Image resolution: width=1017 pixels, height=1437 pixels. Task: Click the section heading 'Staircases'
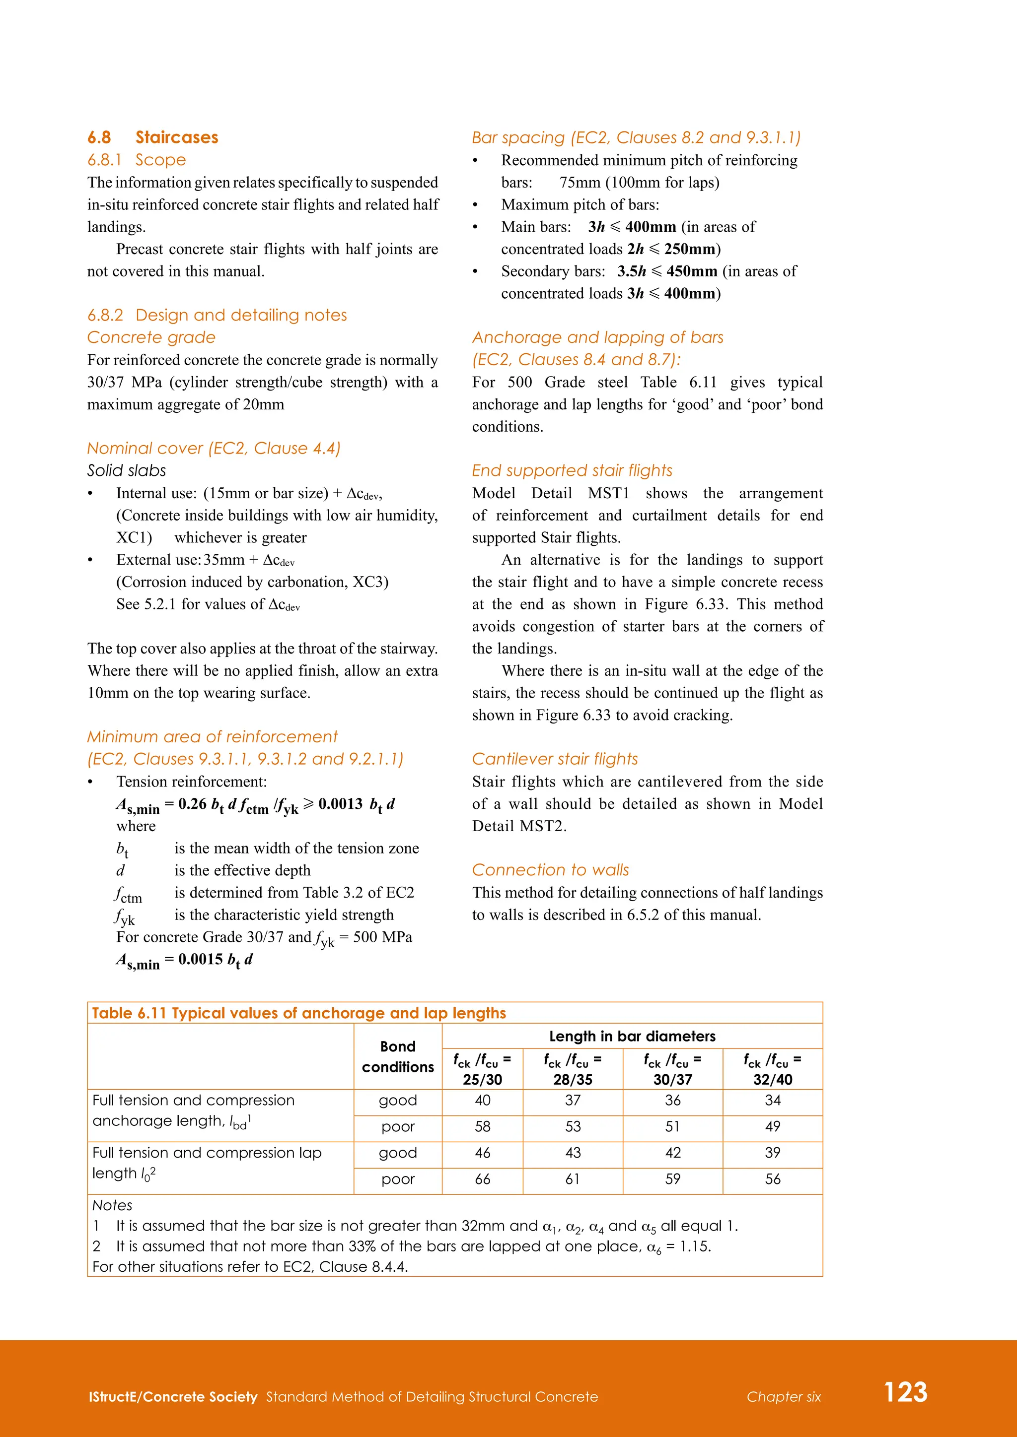(177, 137)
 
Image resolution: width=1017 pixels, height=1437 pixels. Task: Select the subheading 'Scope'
(160, 160)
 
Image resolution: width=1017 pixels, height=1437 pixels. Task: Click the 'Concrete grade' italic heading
(151, 337)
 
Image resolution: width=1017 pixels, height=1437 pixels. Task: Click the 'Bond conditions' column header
(398, 1056)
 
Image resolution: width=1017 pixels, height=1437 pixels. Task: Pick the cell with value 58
(482, 1126)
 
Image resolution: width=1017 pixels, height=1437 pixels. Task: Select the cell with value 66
(482, 1179)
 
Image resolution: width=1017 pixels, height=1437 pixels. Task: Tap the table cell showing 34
(773, 1100)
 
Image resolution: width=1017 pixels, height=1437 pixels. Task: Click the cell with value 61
(573, 1179)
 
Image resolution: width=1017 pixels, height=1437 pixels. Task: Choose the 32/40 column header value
(773, 1079)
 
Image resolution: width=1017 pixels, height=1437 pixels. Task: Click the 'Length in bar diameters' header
(632, 1037)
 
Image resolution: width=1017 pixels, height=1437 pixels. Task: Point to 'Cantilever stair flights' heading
(555, 759)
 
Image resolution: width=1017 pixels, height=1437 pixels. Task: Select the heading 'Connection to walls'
(550, 870)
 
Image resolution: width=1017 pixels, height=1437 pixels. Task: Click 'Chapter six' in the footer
(784, 1397)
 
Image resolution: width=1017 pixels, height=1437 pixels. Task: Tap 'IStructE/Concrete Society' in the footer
(173, 1397)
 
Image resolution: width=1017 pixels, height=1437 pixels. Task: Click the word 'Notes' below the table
(112, 1205)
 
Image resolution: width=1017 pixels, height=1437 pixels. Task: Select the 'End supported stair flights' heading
(572, 471)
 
